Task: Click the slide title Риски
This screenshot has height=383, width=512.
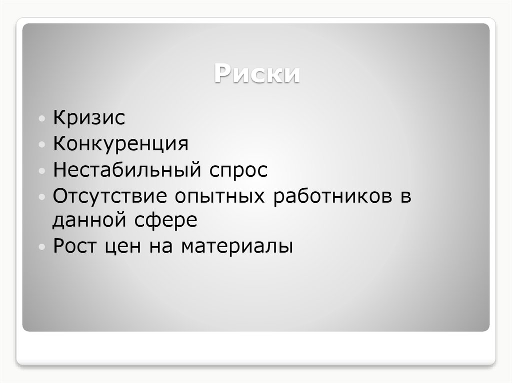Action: pos(257,74)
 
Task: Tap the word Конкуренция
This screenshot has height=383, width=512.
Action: pos(120,145)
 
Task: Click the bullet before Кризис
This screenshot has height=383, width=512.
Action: pos(43,120)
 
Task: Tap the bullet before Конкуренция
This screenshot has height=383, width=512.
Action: pos(43,145)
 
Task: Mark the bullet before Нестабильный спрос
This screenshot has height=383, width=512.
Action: pos(43,171)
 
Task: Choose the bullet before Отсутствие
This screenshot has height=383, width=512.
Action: pos(43,196)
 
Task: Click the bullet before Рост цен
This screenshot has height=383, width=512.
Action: pos(43,247)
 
